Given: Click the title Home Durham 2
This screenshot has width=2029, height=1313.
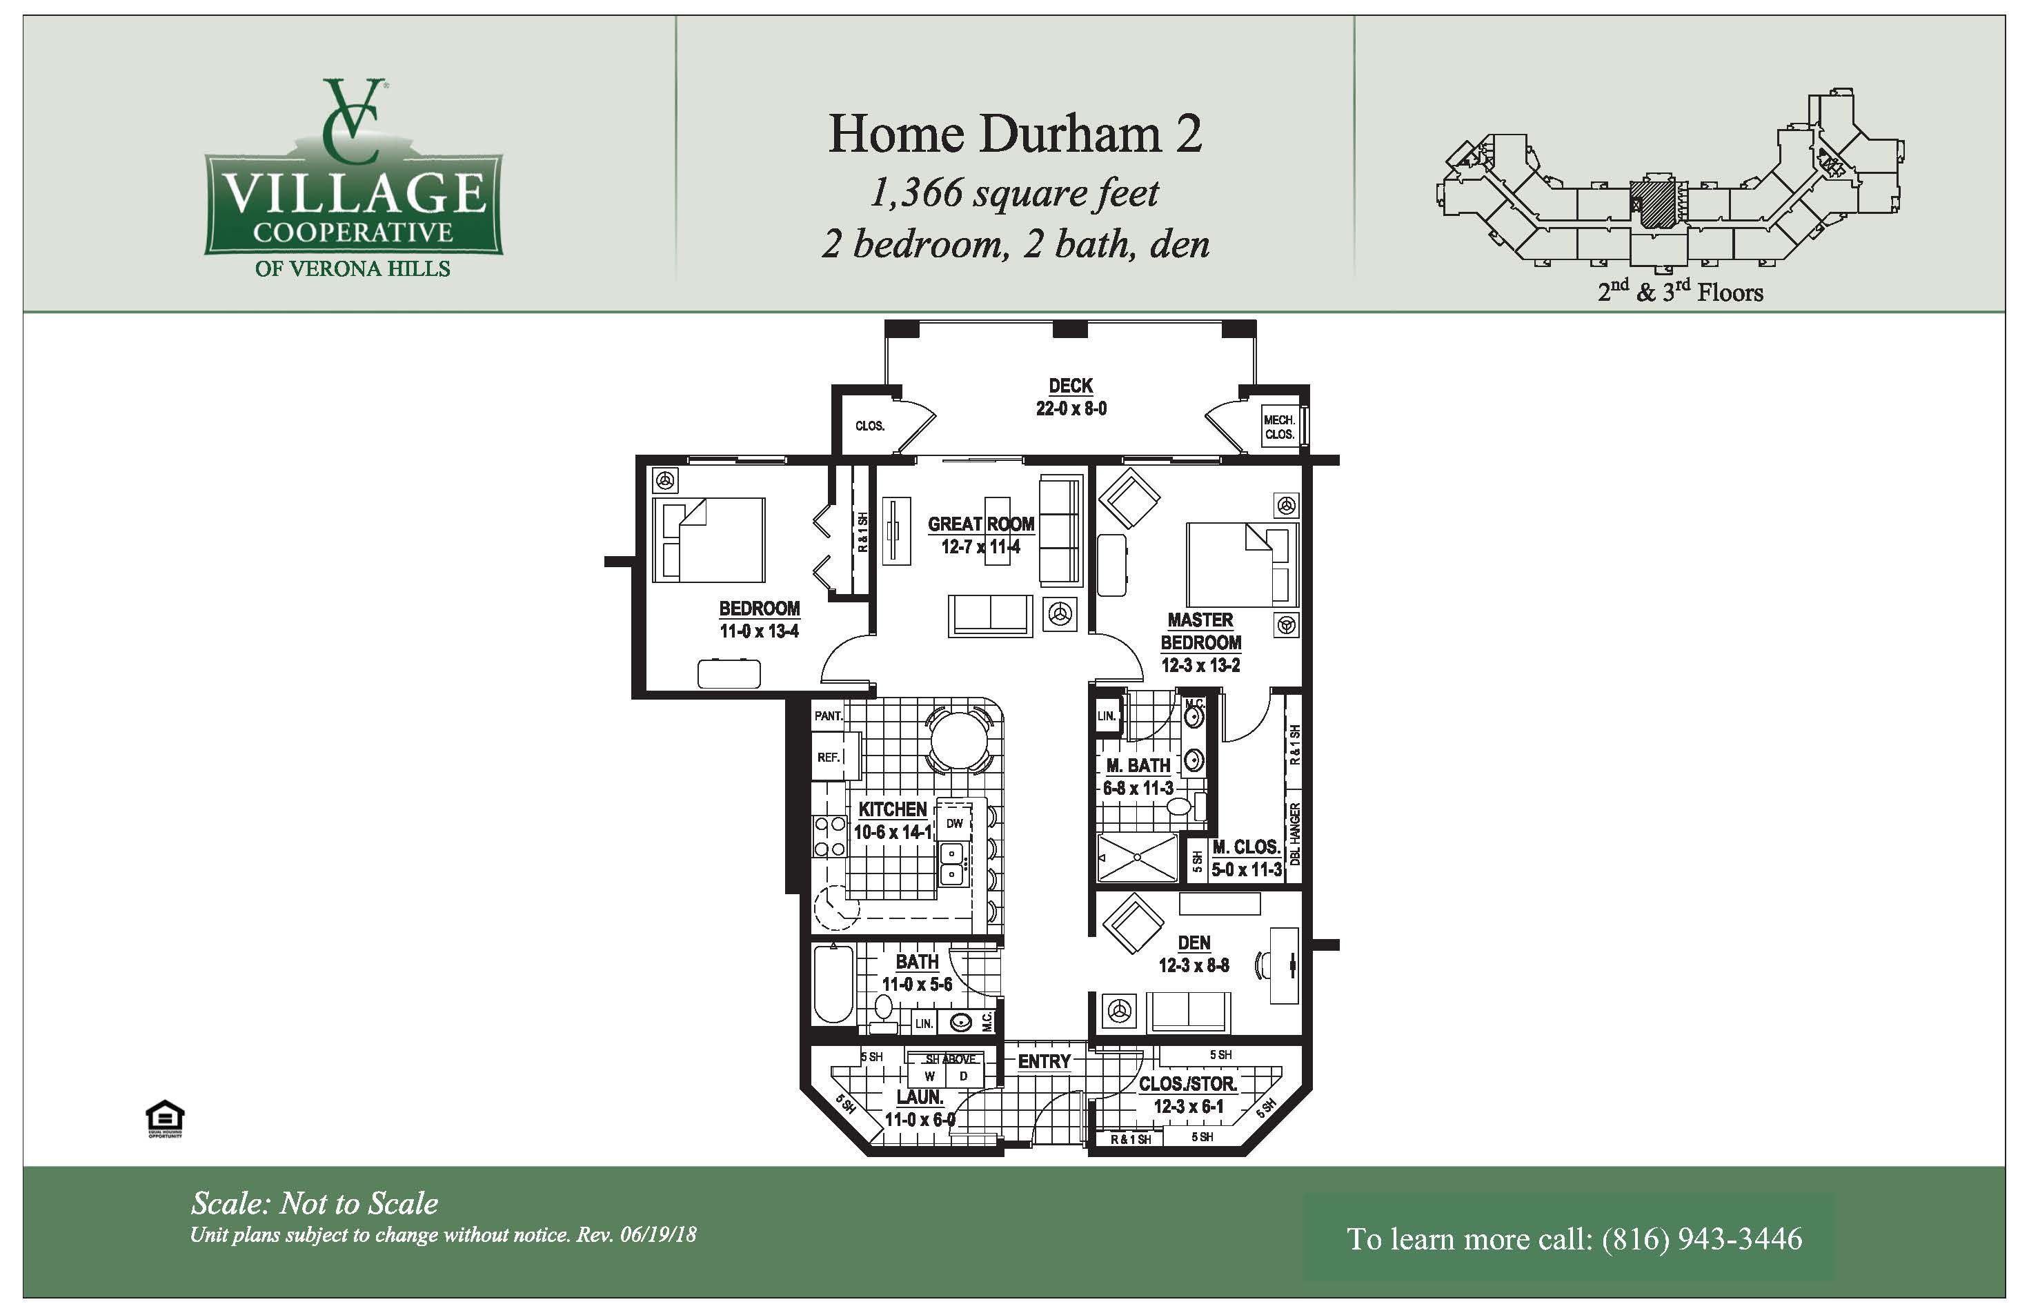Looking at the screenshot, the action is [1016, 134].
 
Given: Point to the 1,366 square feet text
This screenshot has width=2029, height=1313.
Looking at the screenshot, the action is [1014, 192].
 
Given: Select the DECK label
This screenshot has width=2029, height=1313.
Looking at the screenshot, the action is [1071, 386].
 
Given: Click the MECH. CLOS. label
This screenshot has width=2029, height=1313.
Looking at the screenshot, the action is [1279, 427].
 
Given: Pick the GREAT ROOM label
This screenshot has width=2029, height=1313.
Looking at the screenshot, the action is [981, 524].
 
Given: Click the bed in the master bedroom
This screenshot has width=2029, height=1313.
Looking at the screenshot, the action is [1241, 564].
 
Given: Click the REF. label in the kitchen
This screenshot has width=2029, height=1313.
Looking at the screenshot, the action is [829, 757].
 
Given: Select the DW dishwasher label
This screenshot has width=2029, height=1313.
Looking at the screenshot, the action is [955, 822].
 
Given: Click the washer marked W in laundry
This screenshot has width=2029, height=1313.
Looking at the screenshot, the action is [929, 1076].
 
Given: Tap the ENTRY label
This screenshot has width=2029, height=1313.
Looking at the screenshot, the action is [1045, 1061].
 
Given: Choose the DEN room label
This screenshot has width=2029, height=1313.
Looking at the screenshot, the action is [1194, 942].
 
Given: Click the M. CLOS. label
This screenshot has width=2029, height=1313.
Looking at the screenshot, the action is [1247, 847].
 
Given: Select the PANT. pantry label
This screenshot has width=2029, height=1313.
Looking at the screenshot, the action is [828, 716].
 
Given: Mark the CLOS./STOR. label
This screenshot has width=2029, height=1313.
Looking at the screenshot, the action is [1187, 1084].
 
